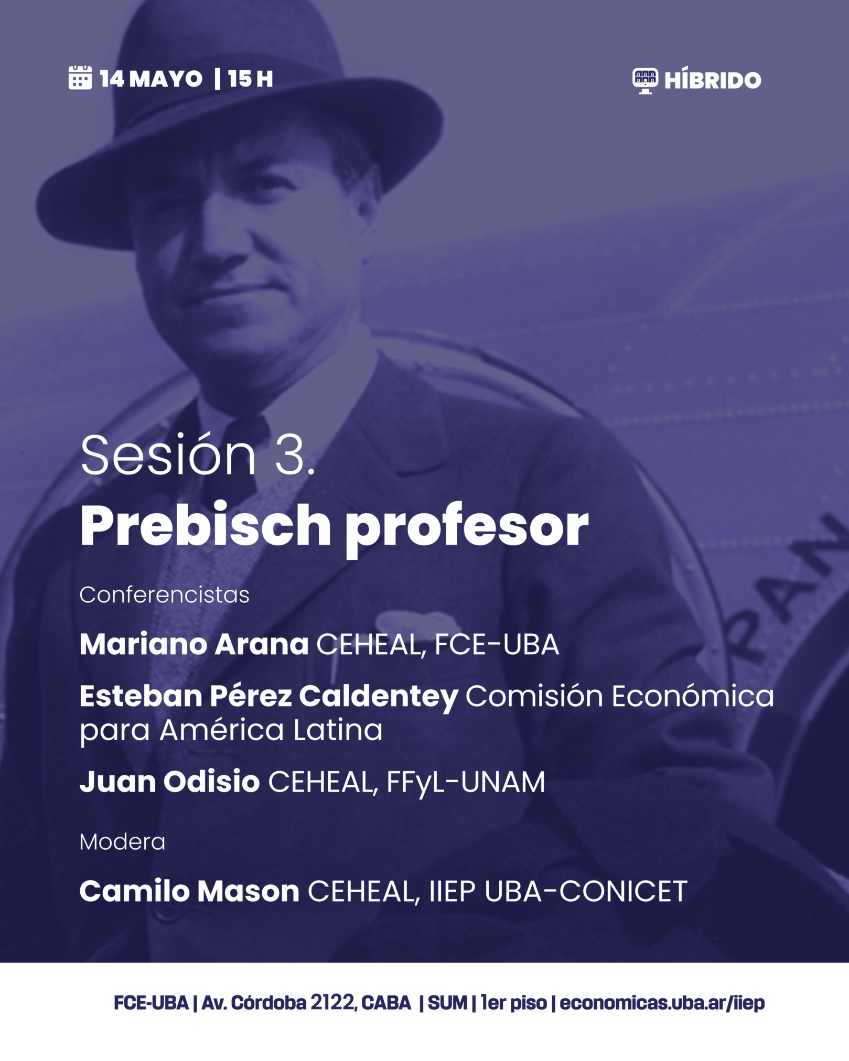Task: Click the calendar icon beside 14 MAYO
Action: point(80,78)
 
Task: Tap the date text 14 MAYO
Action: point(151,79)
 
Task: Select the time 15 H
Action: point(251,79)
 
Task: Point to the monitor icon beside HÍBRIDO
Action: point(645,81)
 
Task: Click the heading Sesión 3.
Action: point(198,455)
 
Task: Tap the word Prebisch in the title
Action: point(206,525)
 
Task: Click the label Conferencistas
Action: point(164,595)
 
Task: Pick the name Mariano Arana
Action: point(194,644)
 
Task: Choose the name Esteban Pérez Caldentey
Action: point(269,697)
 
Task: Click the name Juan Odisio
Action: point(170,782)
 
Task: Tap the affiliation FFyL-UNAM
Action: point(466,783)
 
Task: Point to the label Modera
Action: point(122,842)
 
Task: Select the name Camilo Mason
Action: point(189,891)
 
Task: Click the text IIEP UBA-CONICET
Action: point(558,892)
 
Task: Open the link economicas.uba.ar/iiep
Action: point(662,1003)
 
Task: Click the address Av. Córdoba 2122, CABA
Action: point(306,1003)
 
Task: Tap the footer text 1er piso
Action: point(514,1003)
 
